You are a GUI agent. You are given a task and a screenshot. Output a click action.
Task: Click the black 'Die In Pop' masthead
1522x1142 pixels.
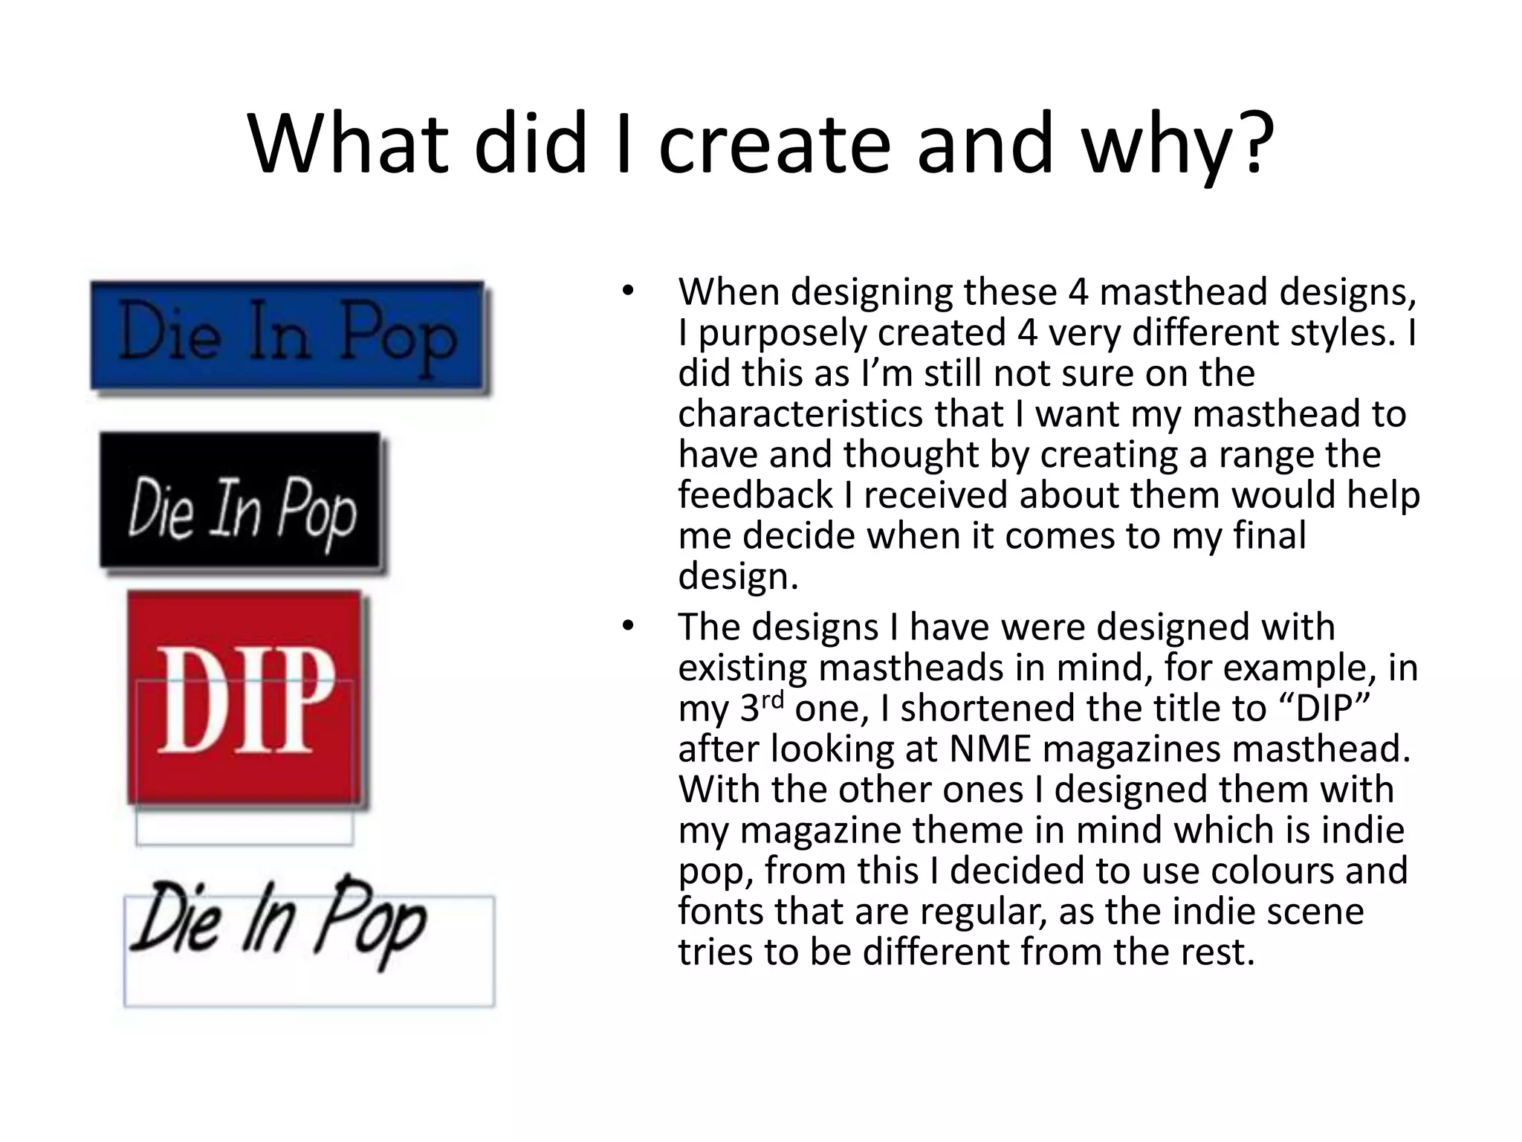click(241, 501)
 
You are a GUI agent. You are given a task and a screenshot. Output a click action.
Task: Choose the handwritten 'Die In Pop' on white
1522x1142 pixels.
click(278, 922)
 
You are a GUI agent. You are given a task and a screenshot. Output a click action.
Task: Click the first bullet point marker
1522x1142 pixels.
click(628, 292)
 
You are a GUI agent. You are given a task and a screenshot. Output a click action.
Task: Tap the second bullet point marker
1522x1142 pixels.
click(628, 627)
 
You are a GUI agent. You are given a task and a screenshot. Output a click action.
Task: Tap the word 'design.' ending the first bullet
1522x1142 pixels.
click(738, 577)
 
